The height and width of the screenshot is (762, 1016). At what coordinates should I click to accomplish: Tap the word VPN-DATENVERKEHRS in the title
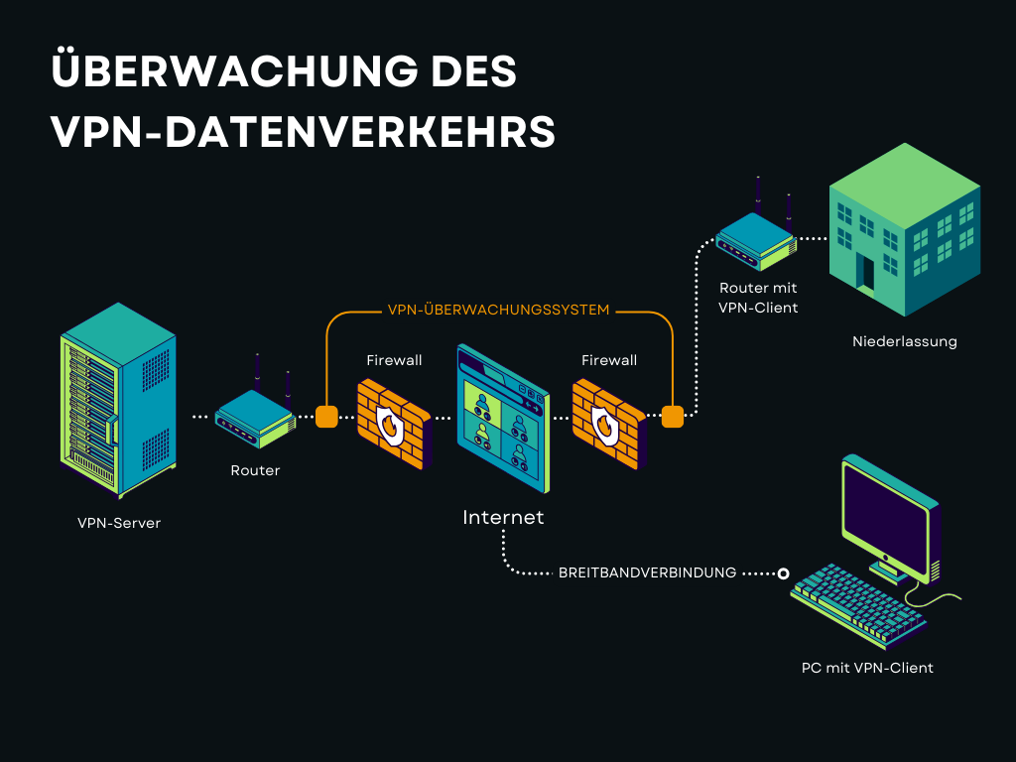click(303, 132)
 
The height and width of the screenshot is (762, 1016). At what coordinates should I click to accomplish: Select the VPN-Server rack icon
click(118, 401)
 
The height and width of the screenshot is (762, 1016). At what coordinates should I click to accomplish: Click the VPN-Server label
click(119, 523)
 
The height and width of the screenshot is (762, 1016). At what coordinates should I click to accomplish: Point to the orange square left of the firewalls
click(326, 416)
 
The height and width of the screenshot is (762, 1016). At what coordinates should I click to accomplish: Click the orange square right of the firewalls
click(673, 416)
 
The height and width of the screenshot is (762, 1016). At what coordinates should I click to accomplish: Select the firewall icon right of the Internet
click(608, 422)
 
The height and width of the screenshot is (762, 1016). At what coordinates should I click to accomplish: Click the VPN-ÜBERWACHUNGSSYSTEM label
click(498, 310)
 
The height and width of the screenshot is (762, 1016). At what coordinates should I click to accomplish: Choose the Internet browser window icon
click(501, 417)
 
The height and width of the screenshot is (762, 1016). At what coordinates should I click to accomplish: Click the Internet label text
click(503, 517)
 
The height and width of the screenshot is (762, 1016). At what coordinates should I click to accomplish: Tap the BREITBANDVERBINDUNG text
click(647, 572)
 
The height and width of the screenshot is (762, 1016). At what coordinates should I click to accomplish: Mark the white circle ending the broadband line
click(783, 572)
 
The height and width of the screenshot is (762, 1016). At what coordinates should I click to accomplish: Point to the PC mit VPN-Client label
click(867, 668)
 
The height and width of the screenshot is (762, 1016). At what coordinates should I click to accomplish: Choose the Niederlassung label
click(905, 341)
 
